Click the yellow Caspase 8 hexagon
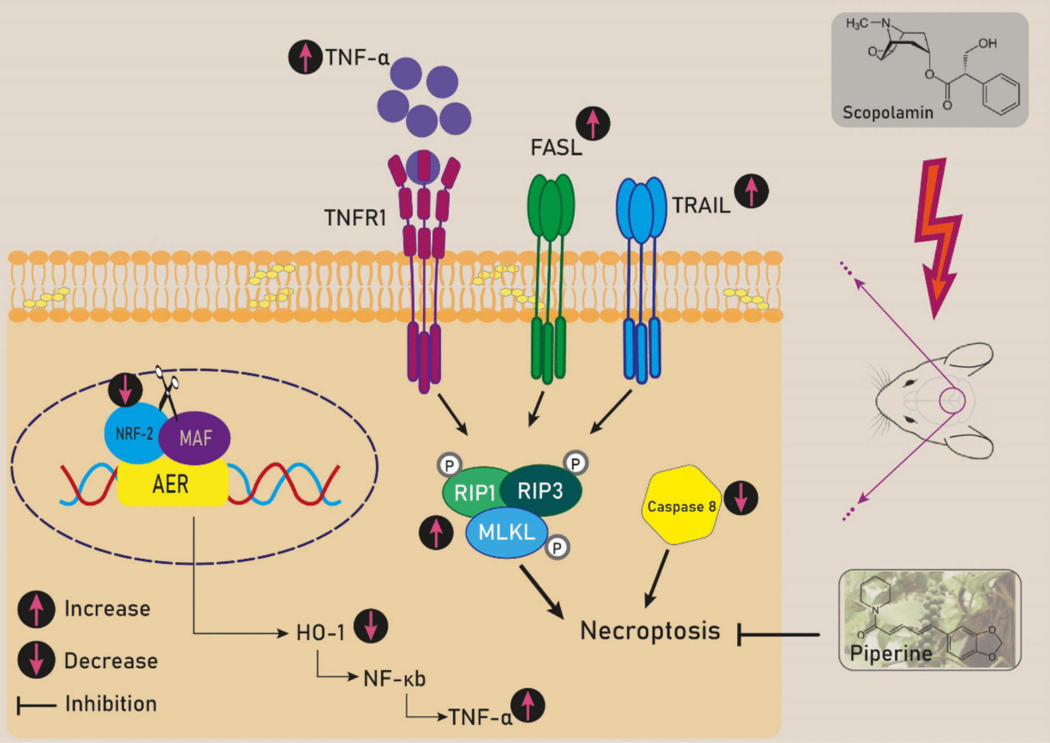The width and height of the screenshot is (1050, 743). [x=681, y=505]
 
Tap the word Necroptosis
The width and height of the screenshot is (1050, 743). [x=650, y=631]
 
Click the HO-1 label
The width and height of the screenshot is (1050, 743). [x=320, y=633]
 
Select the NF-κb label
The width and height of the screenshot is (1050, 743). [x=394, y=679]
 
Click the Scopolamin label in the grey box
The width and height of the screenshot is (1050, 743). [x=888, y=112]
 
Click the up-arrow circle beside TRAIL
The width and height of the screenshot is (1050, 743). [x=751, y=191]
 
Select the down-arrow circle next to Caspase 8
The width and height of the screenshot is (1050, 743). [x=741, y=498]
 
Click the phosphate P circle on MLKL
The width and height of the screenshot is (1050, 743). [x=557, y=548]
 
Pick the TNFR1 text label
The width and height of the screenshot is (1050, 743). [x=355, y=218]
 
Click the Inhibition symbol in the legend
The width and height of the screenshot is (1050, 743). [x=36, y=705]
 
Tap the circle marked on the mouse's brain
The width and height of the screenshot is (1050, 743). [x=952, y=400]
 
